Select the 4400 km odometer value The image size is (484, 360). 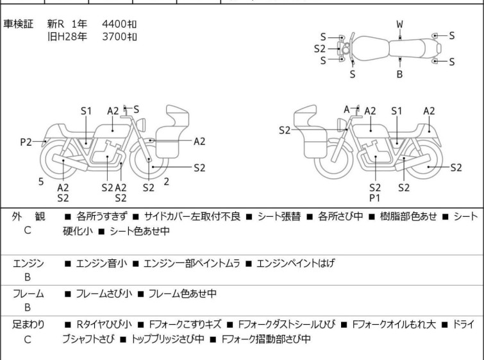click(119, 24)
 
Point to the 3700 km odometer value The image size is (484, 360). click(119, 37)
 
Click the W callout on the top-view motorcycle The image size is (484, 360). click(399, 24)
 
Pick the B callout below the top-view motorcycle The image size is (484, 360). click(399, 74)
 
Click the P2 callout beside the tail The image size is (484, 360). click(26, 142)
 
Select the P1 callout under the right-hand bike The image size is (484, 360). click(375, 198)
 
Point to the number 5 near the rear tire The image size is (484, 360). click(41, 182)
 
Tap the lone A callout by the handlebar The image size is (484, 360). click(347, 110)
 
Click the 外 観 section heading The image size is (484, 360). click(28, 217)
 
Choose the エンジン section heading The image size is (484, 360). click(28, 263)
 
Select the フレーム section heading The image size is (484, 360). click(28, 294)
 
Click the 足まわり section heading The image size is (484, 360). click(28, 325)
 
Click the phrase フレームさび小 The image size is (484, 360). click(104, 294)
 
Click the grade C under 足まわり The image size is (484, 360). click(28, 339)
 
